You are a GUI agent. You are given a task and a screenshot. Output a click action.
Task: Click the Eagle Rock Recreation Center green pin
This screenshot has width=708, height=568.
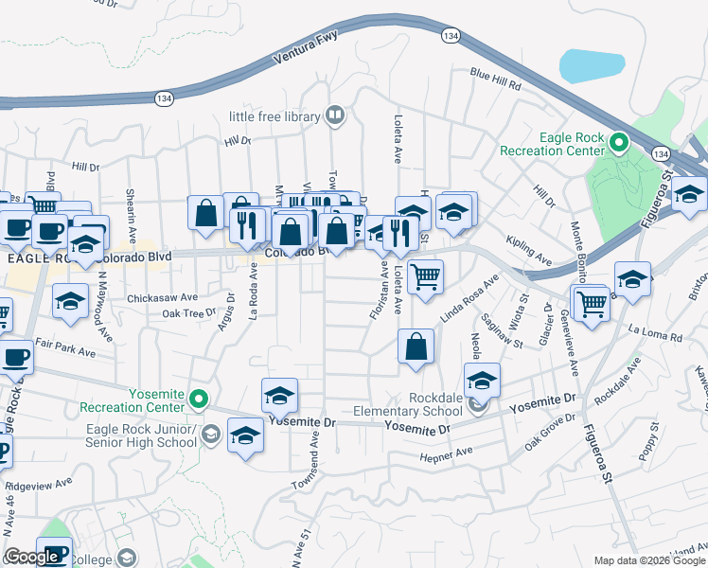[x=619, y=143]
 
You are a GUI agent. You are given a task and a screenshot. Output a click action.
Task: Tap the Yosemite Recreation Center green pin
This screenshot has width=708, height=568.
[x=198, y=399]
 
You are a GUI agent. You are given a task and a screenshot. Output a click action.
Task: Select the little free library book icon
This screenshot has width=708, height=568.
[x=333, y=116]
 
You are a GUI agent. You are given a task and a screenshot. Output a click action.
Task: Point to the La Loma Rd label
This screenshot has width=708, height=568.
[x=655, y=334]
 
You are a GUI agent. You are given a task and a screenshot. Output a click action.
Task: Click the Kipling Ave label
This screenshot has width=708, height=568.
[x=529, y=251]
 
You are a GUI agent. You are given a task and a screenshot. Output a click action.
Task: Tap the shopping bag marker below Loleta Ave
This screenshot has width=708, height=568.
[x=416, y=346]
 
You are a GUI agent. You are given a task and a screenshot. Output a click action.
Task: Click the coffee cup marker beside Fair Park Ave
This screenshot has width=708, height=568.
[x=14, y=359]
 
